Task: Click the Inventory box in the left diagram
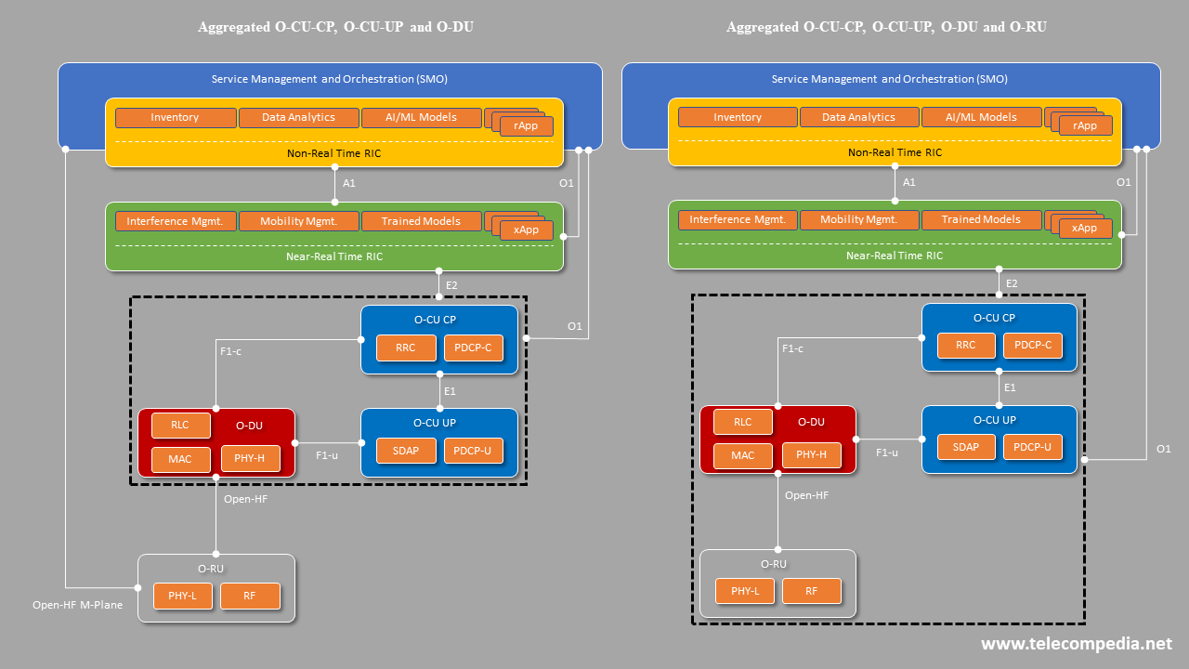click(175, 118)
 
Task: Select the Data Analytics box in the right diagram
click(859, 118)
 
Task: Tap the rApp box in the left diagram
click(526, 126)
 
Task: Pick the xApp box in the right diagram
click(1085, 229)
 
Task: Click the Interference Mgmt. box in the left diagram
click(175, 221)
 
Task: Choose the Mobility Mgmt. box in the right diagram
click(859, 220)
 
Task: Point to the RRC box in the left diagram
click(406, 348)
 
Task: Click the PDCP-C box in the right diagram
click(1033, 346)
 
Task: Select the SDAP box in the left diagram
click(406, 451)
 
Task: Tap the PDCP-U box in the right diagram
click(1033, 447)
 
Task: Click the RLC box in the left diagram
click(180, 426)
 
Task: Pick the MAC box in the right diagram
click(743, 455)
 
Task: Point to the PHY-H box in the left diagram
click(251, 458)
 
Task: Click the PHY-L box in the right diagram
click(745, 591)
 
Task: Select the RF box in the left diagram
click(250, 597)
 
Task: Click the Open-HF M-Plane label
click(78, 606)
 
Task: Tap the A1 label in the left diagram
click(349, 184)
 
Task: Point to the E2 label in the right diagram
click(1013, 283)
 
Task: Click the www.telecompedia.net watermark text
click(1077, 644)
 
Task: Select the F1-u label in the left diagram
click(327, 455)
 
